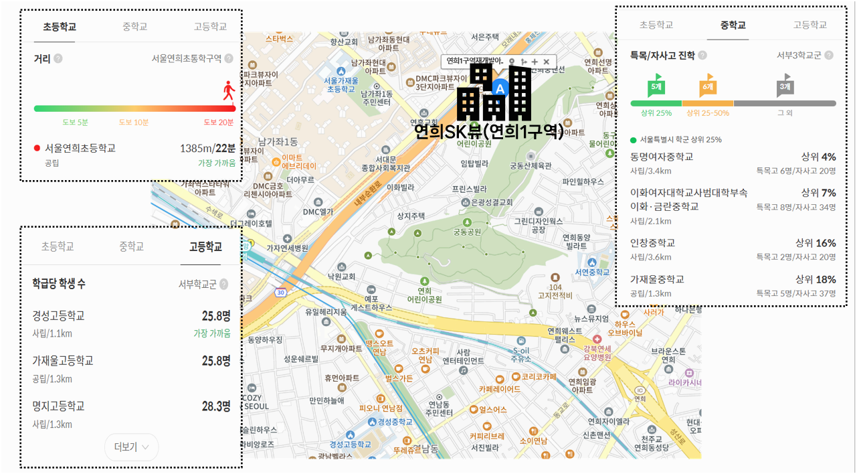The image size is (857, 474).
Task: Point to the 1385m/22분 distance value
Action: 207,148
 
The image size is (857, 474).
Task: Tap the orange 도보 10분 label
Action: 134,123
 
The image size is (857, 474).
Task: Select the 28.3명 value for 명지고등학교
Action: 216,406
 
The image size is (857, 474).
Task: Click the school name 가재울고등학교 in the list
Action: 63,361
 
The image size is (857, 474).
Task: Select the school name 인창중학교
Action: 653,243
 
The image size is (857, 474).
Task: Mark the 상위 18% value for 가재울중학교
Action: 816,279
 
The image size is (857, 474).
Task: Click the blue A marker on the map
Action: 500,86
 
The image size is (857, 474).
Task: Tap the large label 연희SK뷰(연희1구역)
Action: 488,132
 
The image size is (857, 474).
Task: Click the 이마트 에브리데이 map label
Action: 297,161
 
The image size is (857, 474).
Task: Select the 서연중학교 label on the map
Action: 592,272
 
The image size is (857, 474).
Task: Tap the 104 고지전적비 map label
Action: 556,291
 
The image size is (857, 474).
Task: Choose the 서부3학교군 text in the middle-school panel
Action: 799,56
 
